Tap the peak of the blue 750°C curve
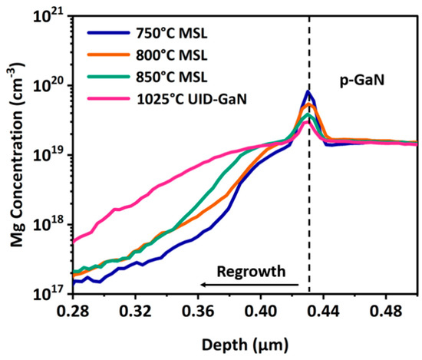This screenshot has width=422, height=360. [x=308, y=92]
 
